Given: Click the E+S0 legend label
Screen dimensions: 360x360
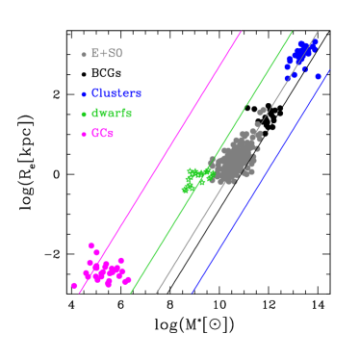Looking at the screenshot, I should tap(107, 54).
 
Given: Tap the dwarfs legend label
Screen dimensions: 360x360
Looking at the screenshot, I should tap(112, 114).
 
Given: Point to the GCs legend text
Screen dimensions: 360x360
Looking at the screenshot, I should tap(103, 133).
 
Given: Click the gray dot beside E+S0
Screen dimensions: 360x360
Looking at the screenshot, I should tap(84, 55).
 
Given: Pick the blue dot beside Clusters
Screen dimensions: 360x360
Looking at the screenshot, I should tap(84, 94).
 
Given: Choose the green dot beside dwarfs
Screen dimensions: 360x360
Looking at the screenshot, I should tap(84, 115).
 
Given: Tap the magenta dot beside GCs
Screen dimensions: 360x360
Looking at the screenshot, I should tap(84, 134).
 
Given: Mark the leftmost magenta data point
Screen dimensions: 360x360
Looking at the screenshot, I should tap(74, 285).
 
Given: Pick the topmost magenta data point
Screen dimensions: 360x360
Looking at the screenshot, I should tap(92, 245).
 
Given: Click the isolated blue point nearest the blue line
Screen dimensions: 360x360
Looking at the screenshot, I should tap(318, 76).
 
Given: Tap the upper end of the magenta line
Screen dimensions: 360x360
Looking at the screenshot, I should tap(241, 32).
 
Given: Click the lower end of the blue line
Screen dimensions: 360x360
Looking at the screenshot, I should tap(192, 292).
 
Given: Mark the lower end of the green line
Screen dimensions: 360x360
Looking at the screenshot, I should tap(131, 292).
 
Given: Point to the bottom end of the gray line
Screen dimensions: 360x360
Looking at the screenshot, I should tap(156, 292).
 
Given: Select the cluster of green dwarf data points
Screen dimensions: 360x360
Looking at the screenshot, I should tap(197, 178).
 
